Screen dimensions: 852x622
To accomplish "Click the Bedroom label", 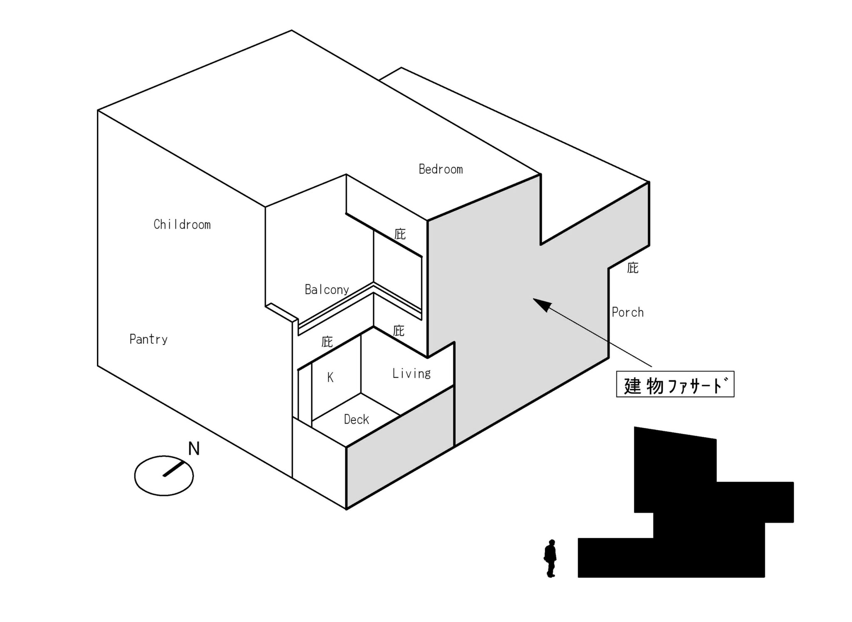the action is click(x=441, y=169).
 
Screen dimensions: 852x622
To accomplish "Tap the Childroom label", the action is click(x=182, y=225).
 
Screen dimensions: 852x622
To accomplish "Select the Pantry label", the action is click(x=149, y=339).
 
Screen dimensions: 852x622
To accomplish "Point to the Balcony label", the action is click(x=327, y=290).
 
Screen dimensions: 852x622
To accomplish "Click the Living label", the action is click(x=411, y=374).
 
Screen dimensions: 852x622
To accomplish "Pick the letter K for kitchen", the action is click(x=330, y=377).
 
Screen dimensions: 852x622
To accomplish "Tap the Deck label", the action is click(x=357, y=419).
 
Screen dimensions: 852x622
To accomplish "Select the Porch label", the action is click(x=628, y=312).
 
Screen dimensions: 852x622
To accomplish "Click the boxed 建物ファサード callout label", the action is click(x=675, y=384).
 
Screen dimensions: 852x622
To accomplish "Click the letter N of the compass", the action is click(x=194, y=449).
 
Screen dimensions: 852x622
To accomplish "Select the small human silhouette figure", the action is click(x=550, y=558).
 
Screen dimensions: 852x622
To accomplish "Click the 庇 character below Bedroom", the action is click(x=400, y=234).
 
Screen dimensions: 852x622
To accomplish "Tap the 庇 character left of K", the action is click(x=327, y=342).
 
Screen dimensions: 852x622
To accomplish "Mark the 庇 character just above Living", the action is click(x=399, y=331).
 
